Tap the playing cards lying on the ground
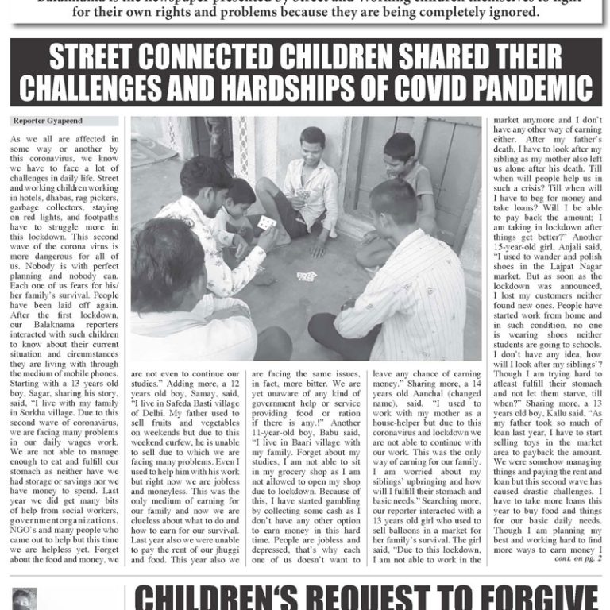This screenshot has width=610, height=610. (306, 276)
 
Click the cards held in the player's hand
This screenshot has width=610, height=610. (265, 224)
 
